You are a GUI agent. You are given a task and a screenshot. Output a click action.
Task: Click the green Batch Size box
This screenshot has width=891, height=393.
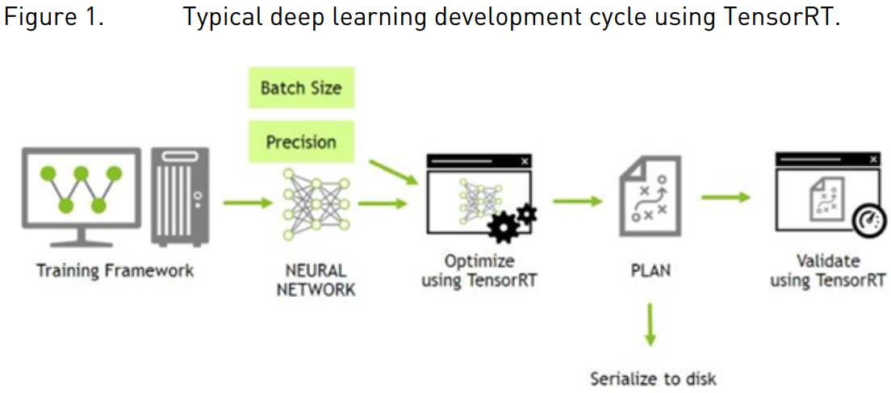[x=300, y=87]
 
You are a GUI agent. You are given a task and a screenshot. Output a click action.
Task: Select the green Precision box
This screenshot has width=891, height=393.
[x=300, y=141]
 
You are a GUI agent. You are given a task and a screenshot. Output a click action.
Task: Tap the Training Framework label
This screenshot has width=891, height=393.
[x=115, y=270]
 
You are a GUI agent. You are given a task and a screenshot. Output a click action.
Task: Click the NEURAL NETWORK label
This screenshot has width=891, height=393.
[x=316, y=280]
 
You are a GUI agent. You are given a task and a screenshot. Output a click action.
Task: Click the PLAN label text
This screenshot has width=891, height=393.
[x=650, y=270]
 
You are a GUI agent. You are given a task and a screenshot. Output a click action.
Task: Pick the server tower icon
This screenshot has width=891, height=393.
[x=181, y=197]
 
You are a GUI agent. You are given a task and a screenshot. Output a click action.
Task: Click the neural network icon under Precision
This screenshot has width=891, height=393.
[x=316, y=203]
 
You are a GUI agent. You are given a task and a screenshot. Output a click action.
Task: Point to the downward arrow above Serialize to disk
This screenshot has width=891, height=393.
[x=650, y=324]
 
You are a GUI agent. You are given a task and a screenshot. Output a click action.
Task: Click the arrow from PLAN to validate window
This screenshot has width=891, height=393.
[x=725, y=198]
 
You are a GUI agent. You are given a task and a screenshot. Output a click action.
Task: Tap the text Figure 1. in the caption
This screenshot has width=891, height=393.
[x=54, y=17]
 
